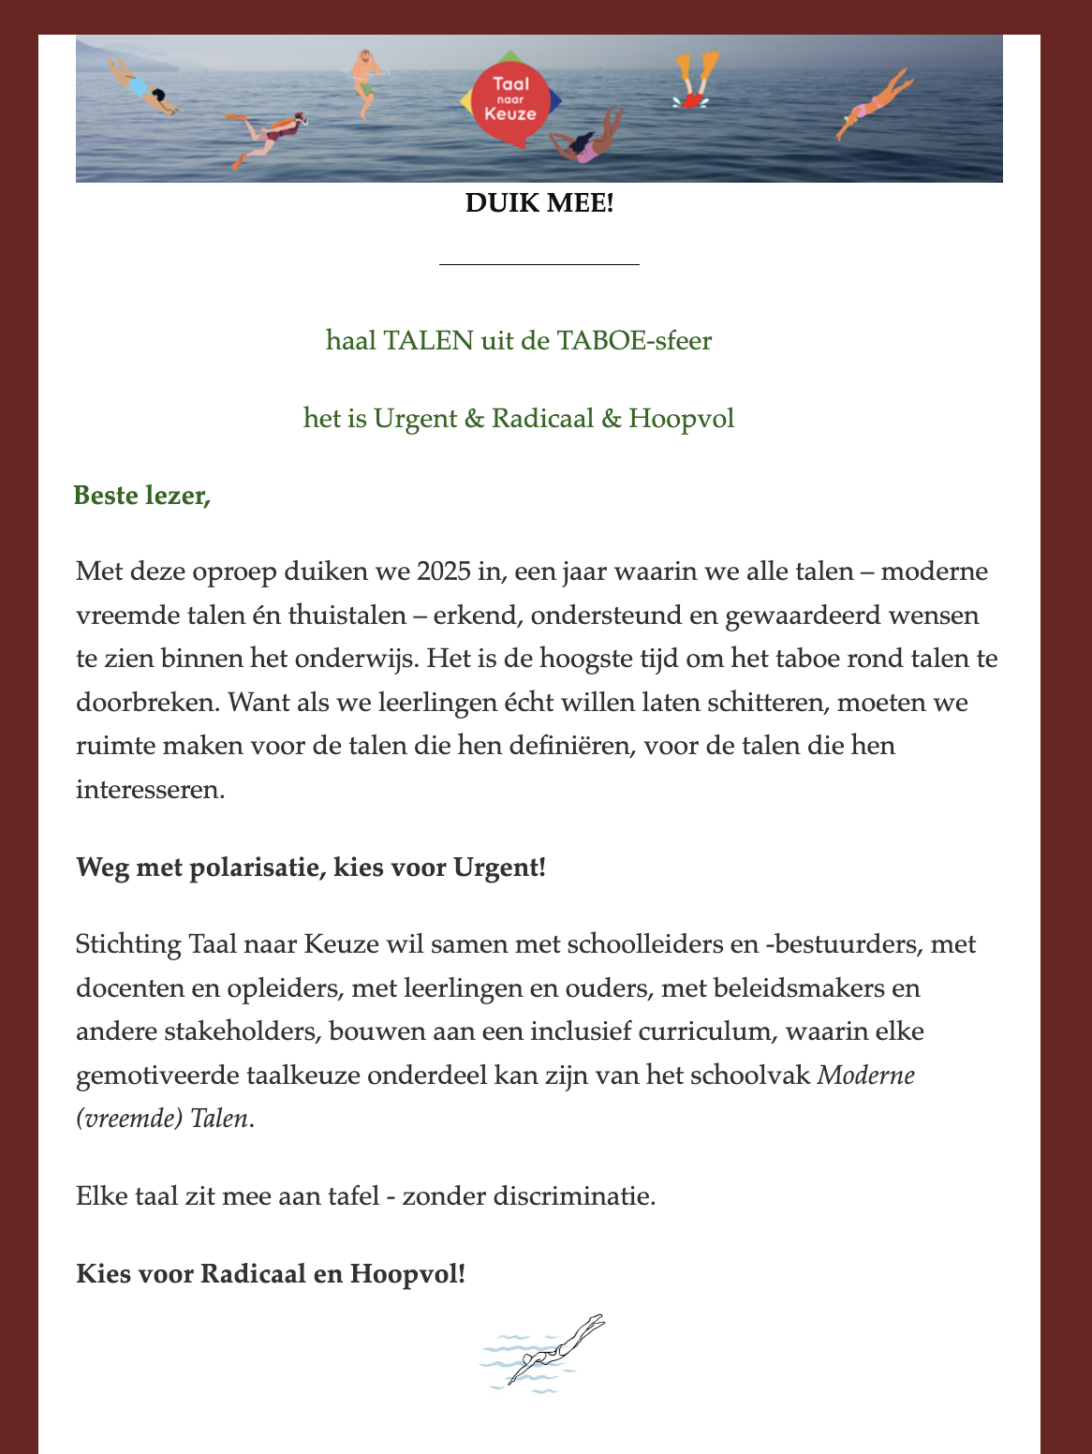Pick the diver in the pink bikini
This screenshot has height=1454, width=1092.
(874, 105)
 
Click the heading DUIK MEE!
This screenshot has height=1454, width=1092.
(539, 202)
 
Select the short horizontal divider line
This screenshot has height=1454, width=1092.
(539, 265)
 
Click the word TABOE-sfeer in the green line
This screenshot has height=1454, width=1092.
(634, 340)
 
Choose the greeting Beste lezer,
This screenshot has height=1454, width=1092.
(142, 495)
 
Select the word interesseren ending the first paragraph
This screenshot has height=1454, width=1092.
(150, 789)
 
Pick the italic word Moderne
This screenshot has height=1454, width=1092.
(866, 1075)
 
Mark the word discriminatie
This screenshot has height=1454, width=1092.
(575, 1196)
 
